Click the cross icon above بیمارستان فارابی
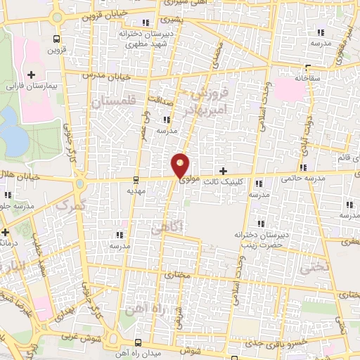point(30,74)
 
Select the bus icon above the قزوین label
point(56,39)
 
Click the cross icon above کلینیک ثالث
point(224,171)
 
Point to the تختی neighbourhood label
point(313,268)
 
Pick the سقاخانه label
point(308,77)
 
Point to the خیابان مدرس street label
point(98,74)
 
